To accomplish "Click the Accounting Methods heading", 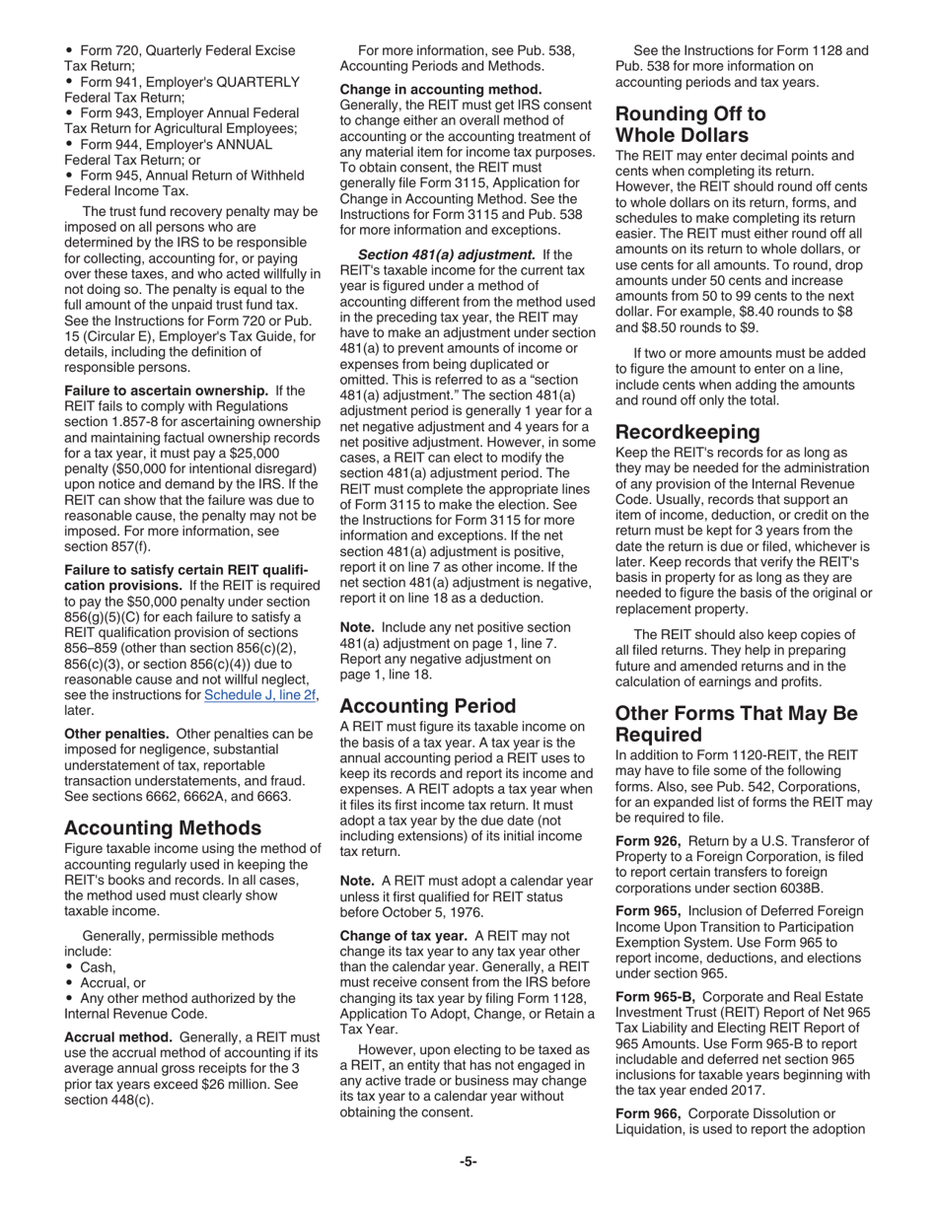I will point(163,827).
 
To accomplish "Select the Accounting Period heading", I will point(427,705).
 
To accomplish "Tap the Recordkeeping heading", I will point(687,431).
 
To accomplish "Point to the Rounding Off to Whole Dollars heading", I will point(689,124).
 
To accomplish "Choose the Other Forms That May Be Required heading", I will point(736,724).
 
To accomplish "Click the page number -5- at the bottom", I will point(468,1162).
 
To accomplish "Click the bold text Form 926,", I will point(648,839).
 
